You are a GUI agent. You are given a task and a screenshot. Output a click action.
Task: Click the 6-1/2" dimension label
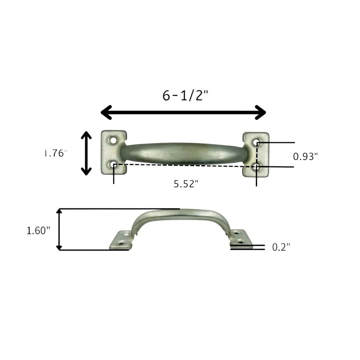click(185, 95)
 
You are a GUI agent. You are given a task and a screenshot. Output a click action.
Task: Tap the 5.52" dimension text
click(186, 184)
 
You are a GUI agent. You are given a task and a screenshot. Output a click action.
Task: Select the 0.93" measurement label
click(306, 156)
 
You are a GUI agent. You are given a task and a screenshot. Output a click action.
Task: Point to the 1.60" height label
click(38, 231)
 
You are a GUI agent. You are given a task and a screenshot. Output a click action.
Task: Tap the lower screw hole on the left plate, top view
click(114, 165)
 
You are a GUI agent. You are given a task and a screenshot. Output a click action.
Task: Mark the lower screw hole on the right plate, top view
click(256, 167)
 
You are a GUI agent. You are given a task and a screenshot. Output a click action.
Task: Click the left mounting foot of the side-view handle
click(121, 240)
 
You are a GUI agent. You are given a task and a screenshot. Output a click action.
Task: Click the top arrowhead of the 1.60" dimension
click(60, 211)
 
